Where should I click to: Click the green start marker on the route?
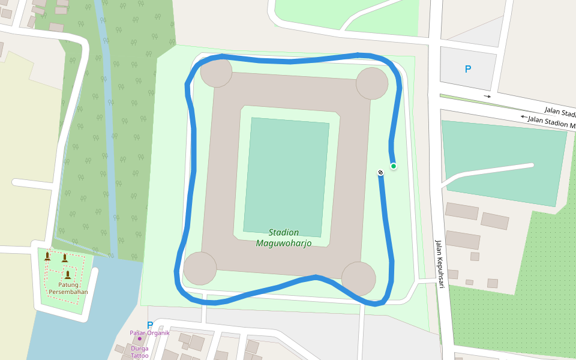click(x=394, y=166)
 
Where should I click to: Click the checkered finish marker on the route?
click(x=380, y=173)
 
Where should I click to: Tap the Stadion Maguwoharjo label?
click(x=284, y=238)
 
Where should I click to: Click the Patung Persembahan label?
click(x=68, y=289)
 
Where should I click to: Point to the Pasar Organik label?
click(x=150, y=333)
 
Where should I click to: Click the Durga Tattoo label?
click(x=140, y=352)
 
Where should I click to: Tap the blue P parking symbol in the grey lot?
click(x=468, y=69)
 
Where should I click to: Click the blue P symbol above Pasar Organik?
click(x=150, y=325)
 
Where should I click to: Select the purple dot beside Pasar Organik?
click(x=140, y=338)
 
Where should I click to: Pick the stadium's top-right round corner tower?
click(x=372, y=83)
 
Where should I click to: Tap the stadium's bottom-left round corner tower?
click(x=200, y=268)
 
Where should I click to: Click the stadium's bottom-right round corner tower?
click(x=359, y=278)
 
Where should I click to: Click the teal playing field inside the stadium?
click(x=286, y=177)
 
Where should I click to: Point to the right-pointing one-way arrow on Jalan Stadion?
click(x=487, y=96)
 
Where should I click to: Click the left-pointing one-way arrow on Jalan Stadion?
click(x=524, y=116)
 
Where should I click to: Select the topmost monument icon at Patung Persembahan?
click(x=47, y=256)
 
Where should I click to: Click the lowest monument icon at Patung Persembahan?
click(x=68, y=275)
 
